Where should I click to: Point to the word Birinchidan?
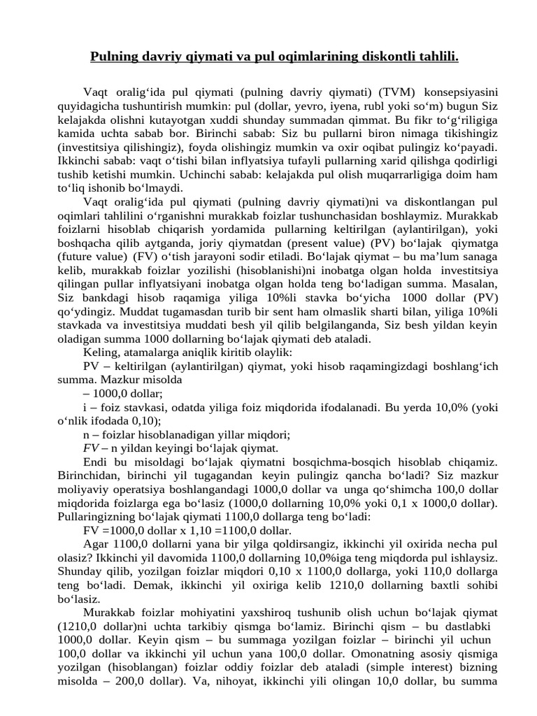click(x=89, y=475)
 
